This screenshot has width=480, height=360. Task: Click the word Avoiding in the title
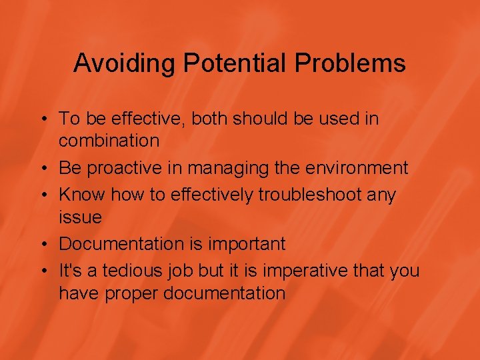point(124,63)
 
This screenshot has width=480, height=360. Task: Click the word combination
point(109,141)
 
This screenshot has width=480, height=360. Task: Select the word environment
point(358,169)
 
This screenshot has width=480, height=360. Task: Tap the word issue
point(80,217)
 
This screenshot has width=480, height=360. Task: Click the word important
point(246,245)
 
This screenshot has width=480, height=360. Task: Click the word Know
point(82,195)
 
